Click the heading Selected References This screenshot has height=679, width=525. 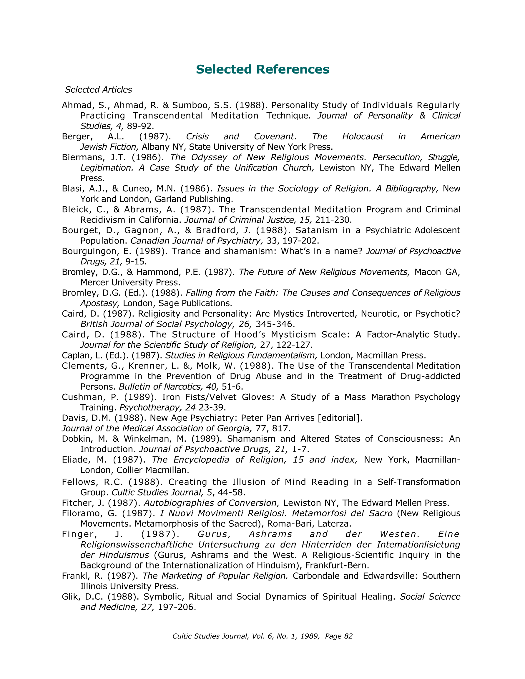262,69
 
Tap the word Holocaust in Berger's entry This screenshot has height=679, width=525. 363,136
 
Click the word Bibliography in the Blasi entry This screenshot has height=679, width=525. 412,189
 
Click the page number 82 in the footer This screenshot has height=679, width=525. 348,636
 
